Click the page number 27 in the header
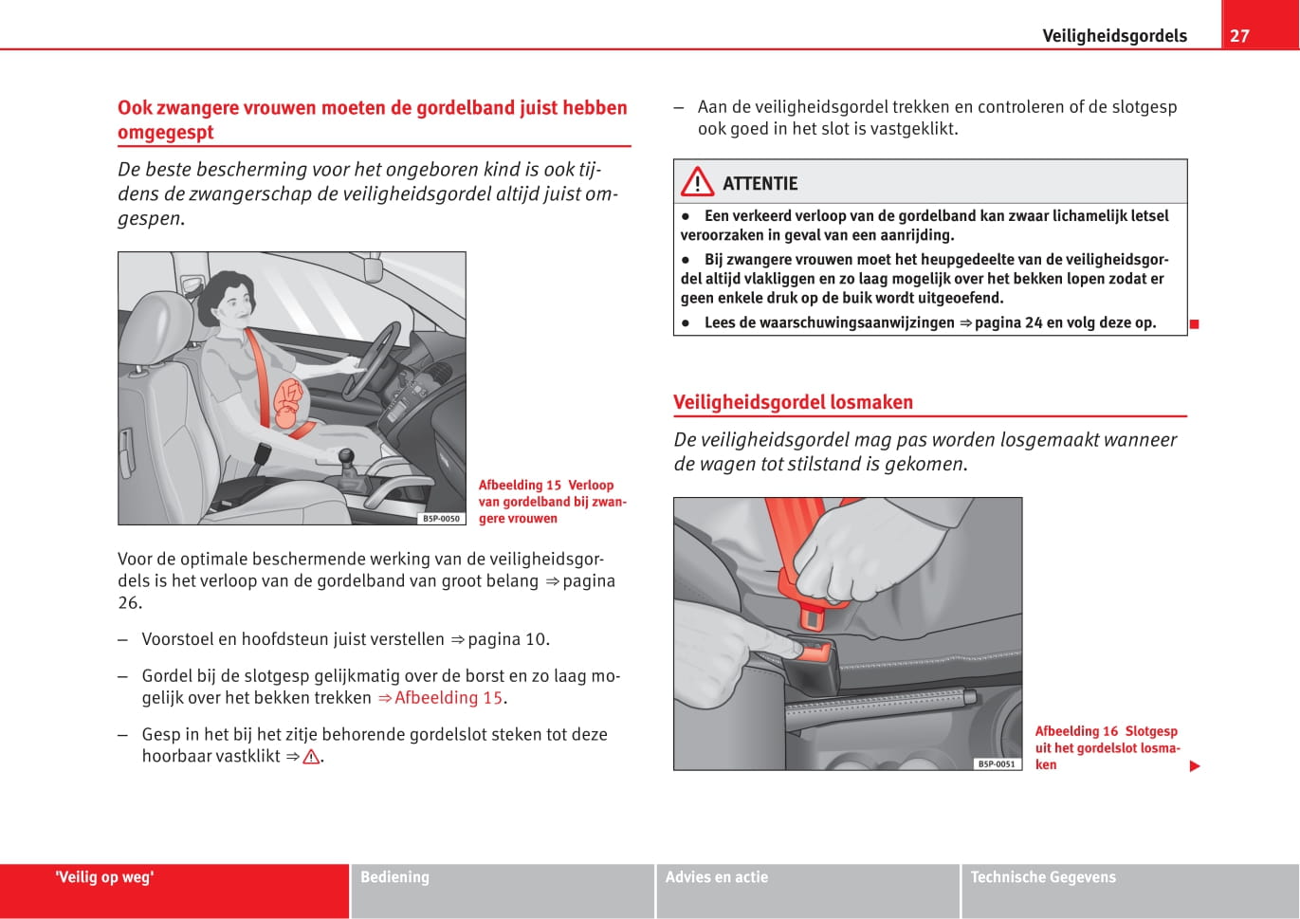(x=1239, y=36)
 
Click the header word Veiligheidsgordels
(x=1114, y=36)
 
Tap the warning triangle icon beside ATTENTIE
(x=697, y=181)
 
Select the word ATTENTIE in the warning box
(x=760, y=184)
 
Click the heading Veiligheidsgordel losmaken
(x=793, y=402)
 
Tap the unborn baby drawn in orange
(x=288, y=402)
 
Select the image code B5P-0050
(x=441, y=519)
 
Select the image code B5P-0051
(x=997, y=764)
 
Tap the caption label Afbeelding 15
(x=520, y=486)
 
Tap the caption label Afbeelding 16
(x=1076, y=731)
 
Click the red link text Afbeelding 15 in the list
(x=448, y=698)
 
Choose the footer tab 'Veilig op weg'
(x=104, y=877)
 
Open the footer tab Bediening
(x=394, y=877)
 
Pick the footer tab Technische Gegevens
(x=1043, y=877)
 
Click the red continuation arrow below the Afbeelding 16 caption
(x=1195, y=766)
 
